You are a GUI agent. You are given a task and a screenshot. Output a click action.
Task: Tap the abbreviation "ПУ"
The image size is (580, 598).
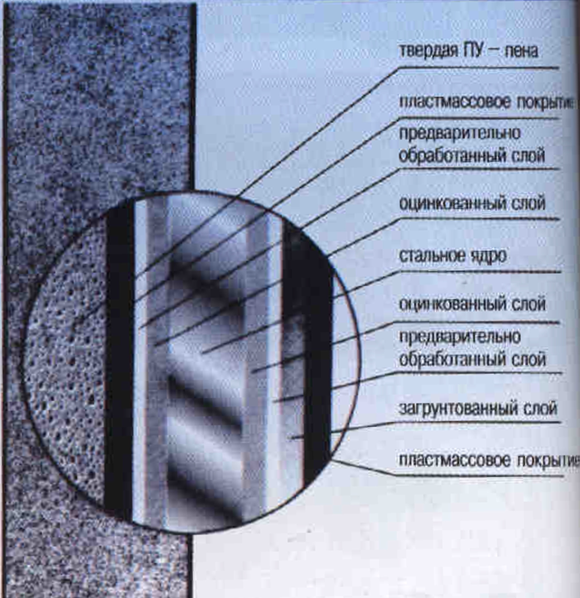[473, 50]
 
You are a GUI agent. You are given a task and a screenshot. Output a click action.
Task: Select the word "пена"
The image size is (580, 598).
[521, 51]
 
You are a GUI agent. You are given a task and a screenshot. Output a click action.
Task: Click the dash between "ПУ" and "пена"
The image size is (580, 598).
[494, 51]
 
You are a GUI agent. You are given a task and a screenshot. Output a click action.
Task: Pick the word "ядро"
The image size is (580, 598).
[488, 256]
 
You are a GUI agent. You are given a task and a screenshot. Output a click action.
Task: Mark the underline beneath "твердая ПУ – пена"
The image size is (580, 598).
[479, 68]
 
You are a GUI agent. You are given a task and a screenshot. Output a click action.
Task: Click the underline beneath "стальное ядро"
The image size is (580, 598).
[479, 272]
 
